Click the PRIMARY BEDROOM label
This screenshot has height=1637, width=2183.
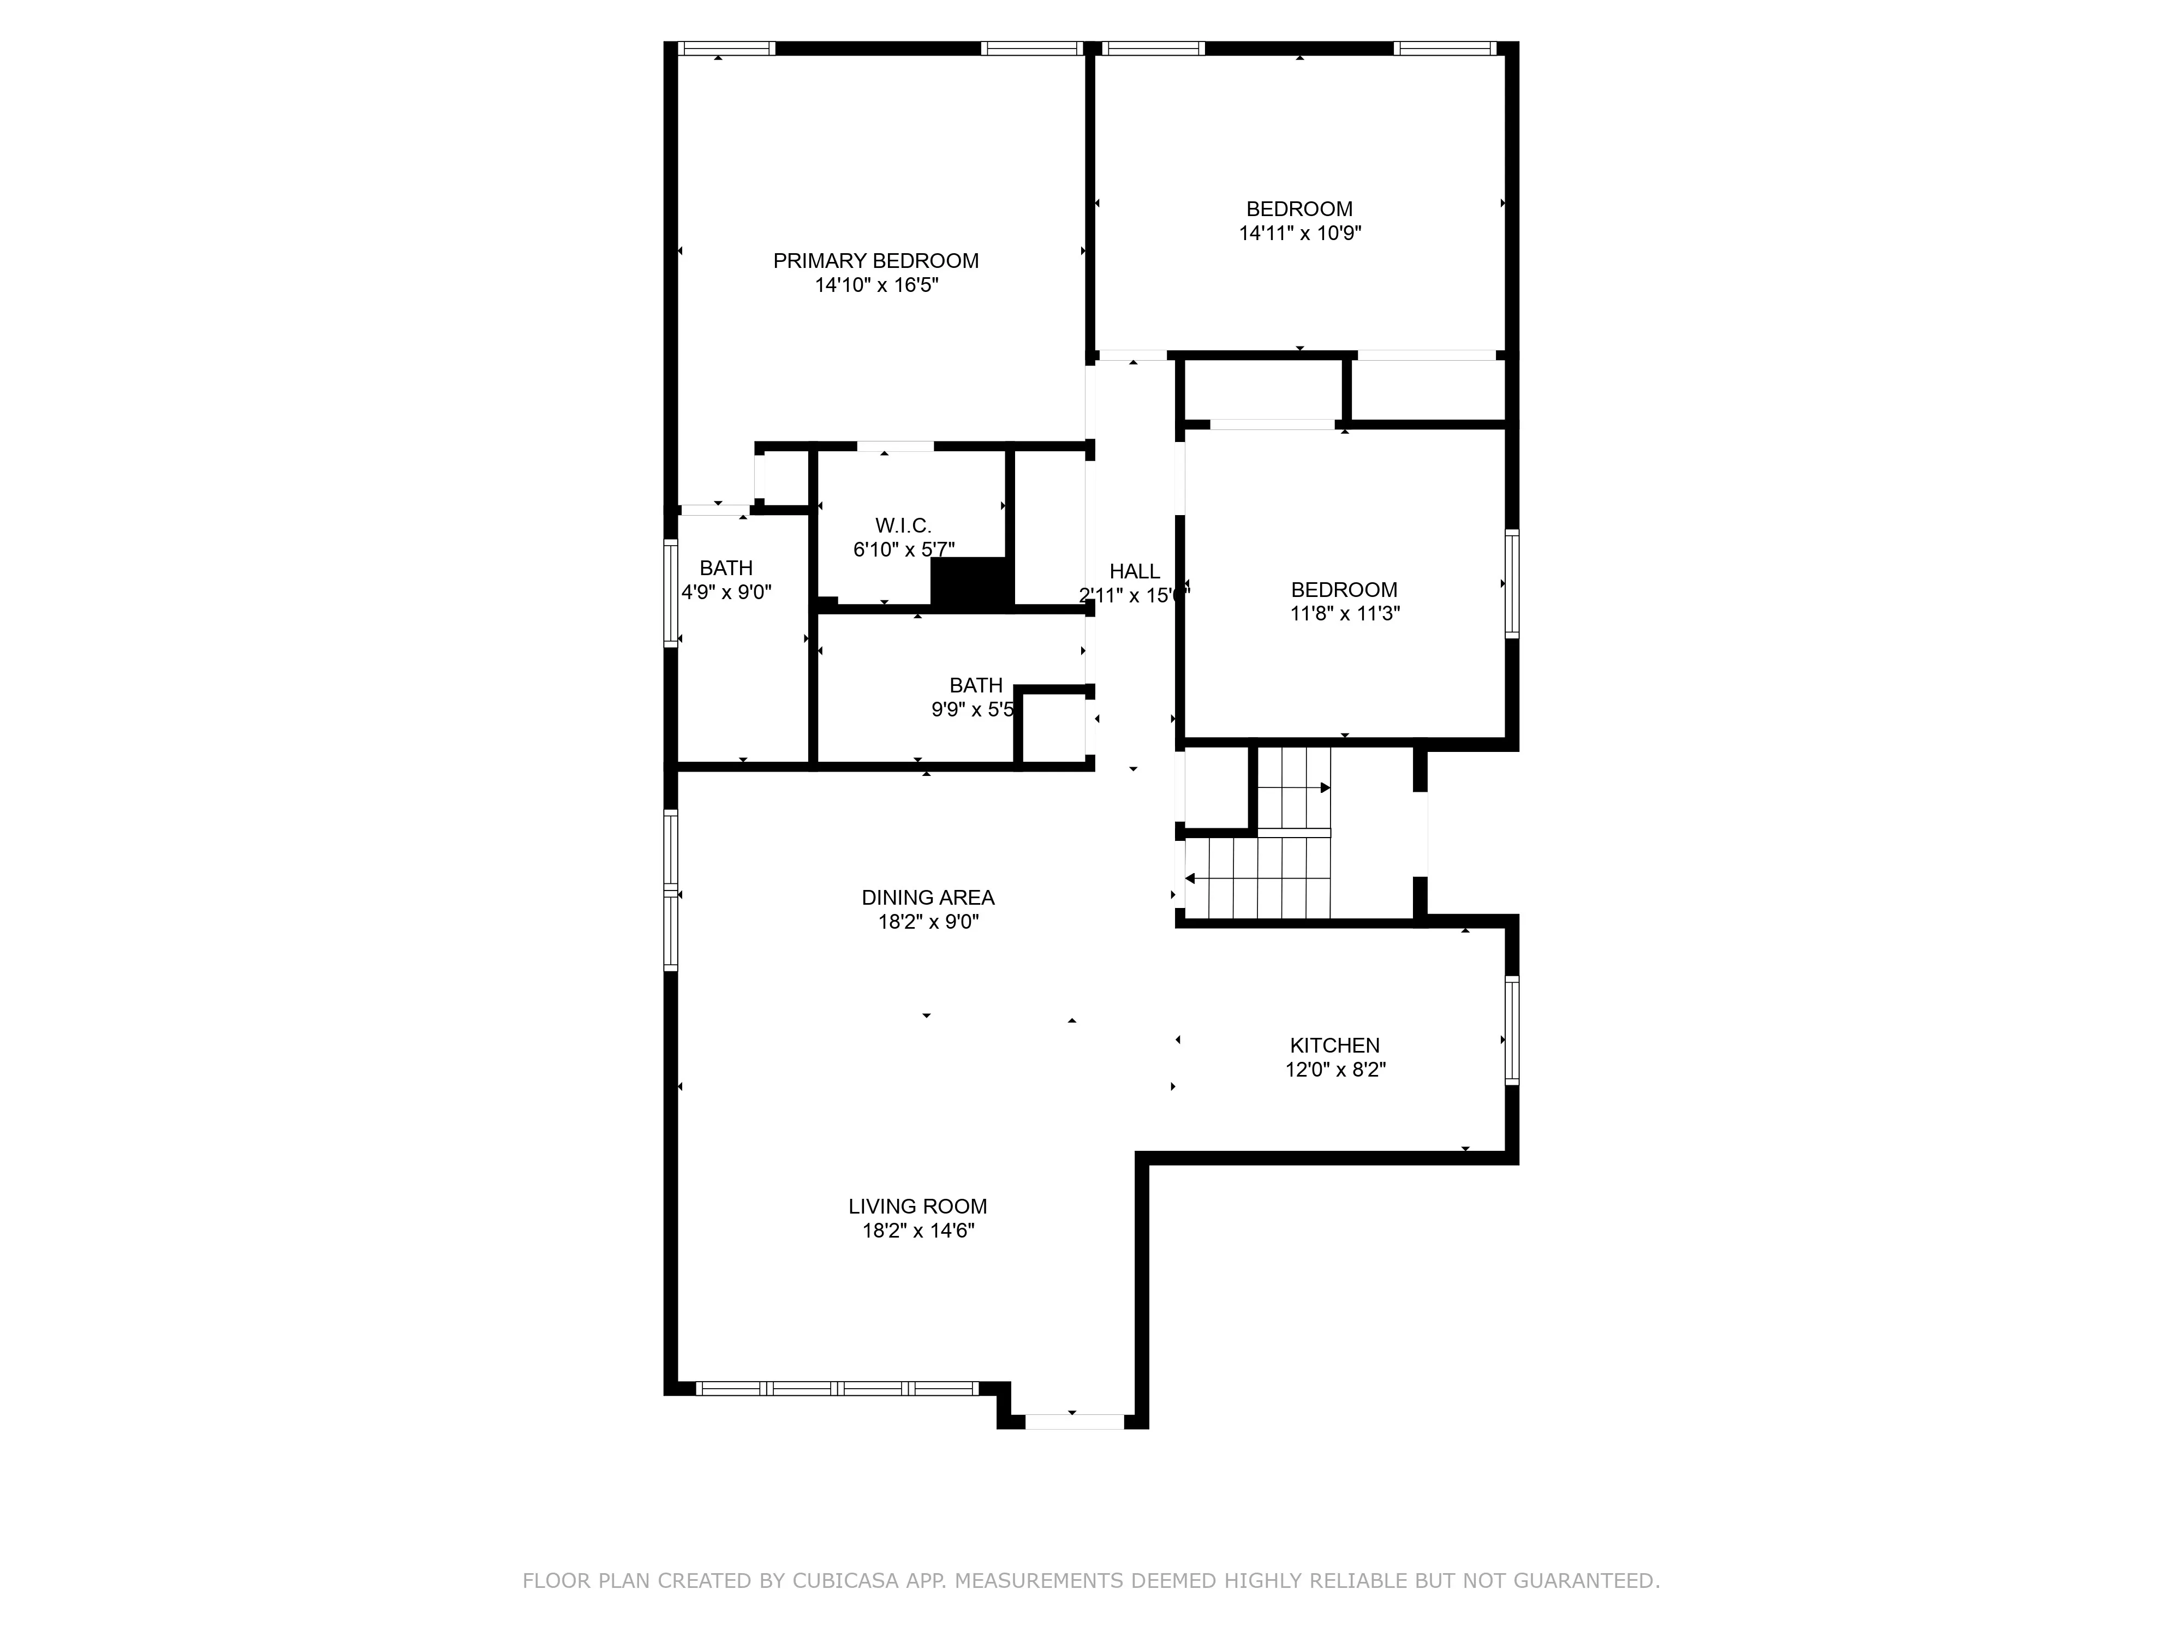[875, 260]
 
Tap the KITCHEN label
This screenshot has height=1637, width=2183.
[1334, 1045]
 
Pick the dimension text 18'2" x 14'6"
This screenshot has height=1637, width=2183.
[918, 1230]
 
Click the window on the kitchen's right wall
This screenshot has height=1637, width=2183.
[1511, 1030]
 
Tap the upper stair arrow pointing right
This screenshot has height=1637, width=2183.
[1325, 787]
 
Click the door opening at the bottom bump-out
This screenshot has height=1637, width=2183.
[1073, 1422]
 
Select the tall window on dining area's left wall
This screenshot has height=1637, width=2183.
[671, 890]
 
